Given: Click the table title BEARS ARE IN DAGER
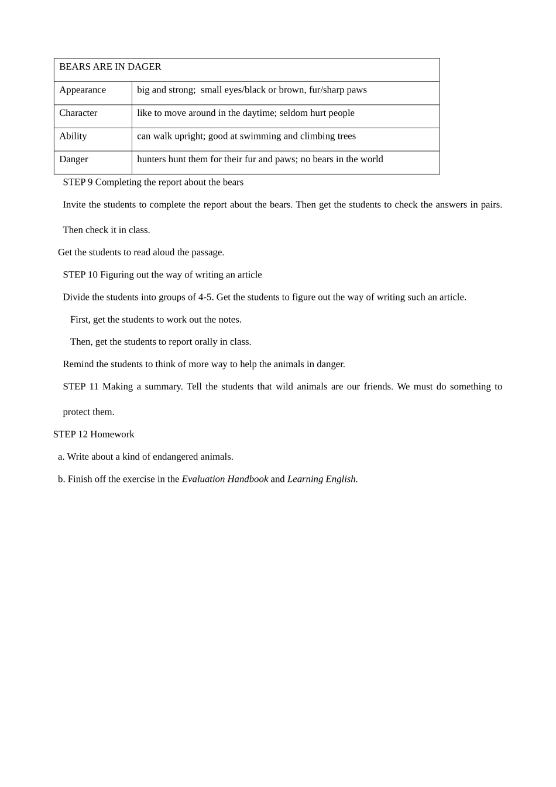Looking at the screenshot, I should tap(110, 67).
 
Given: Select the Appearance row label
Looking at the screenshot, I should tap(83, 90).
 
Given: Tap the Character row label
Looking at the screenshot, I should tap(78, 113).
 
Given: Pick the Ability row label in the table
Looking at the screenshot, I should tap(73, 136).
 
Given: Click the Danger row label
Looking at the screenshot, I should tap(73, 159).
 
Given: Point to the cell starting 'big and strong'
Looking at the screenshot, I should tap(252, 90).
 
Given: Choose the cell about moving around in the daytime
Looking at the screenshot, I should tap(245, 113).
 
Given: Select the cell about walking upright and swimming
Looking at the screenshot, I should tap(246, 136).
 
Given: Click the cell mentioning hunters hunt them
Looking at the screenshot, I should tap(260, 159).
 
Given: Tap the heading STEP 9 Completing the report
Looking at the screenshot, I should tap(153, 182).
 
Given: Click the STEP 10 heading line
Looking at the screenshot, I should tap(162, 275).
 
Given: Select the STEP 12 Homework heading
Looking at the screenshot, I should tap(94, 434).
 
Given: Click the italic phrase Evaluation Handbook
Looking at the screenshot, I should tap(225, 479).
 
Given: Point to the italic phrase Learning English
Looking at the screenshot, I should tap(322, 479).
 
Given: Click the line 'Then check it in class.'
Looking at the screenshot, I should tap(107, 230).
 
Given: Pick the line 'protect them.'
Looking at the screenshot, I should tap(88, 412).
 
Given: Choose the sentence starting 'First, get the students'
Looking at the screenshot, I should tap(156, 320).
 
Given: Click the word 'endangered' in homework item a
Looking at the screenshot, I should tap(175, 457).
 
